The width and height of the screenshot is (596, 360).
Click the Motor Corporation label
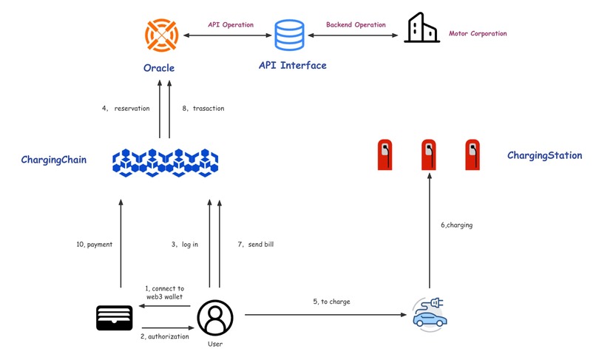click(478, 34)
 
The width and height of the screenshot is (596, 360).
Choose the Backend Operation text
click(356, 24)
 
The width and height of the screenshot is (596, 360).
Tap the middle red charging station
click(428, 154)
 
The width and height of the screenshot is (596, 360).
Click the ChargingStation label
click(544, 156)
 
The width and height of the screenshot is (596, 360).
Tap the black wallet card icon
click(115, 317)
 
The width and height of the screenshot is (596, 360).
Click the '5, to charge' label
click(331, 302)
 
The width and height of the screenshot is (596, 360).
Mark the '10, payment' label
click(94, 244)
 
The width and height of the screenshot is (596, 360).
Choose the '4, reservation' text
click(126, 109)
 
